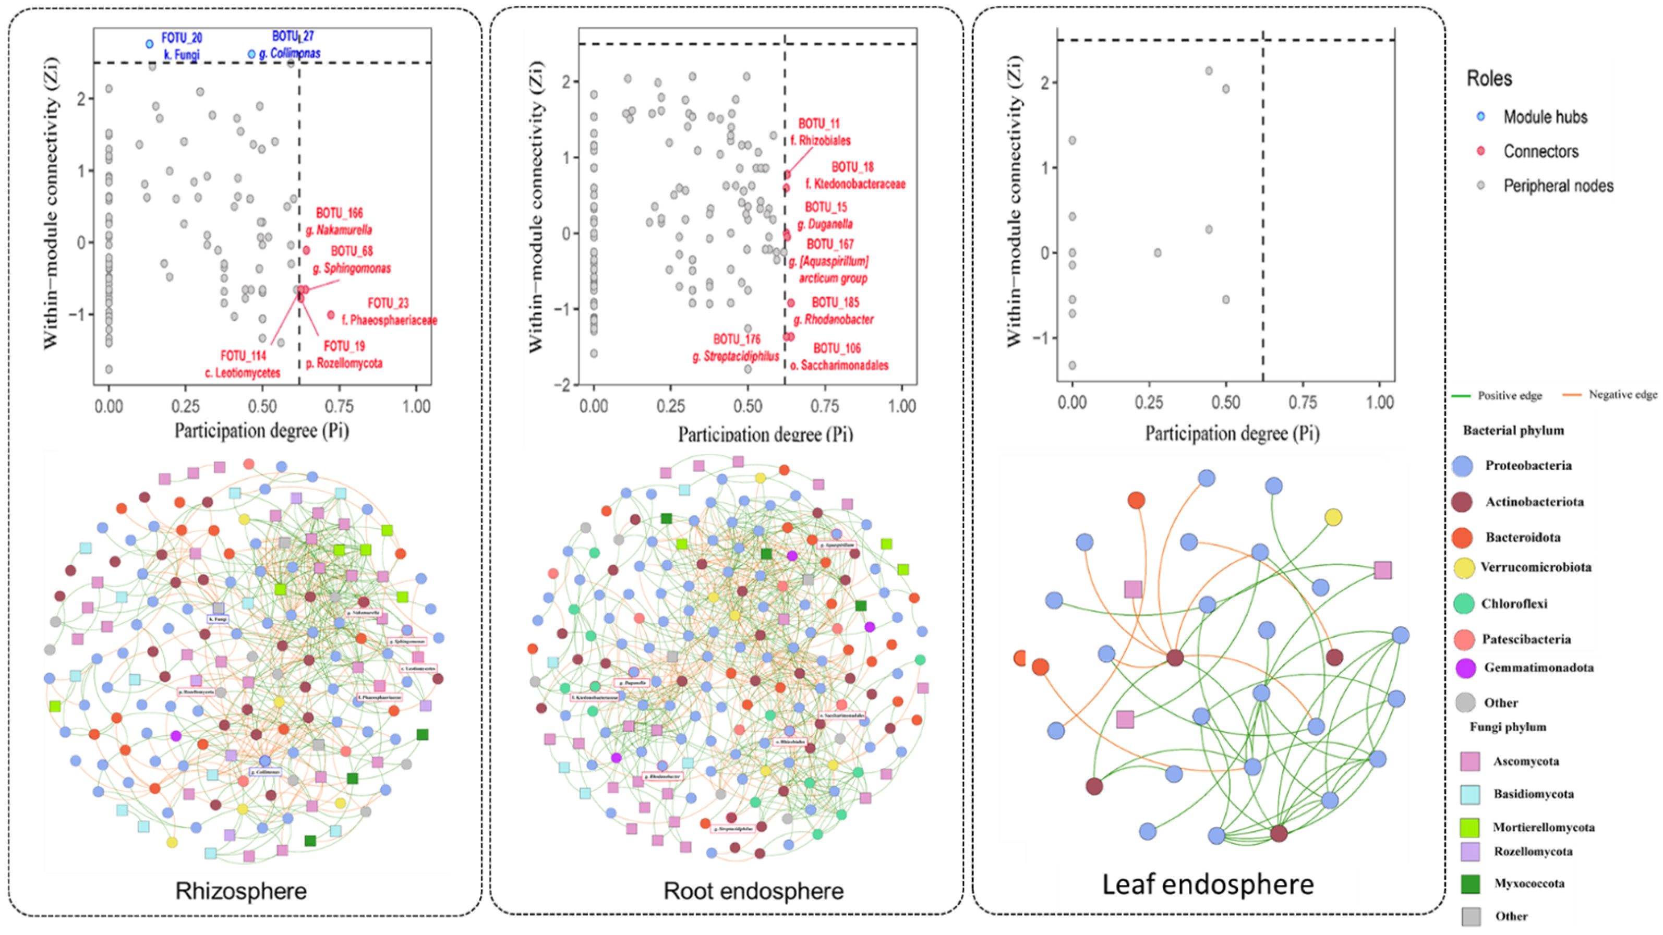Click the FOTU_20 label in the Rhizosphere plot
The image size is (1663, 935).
(182, 39)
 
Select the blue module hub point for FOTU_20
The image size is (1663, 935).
(150, 44)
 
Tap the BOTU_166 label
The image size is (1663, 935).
(339, 213)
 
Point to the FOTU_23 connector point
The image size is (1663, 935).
(331, 315)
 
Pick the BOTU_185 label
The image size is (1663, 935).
(835, 302)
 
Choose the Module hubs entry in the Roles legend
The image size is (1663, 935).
(1545, 117)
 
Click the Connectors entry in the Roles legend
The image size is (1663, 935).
(1540, 152)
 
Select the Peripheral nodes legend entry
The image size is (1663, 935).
(1558, 186)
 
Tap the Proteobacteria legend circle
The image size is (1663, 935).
(1462, 466)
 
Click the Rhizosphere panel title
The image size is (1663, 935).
(241, 891)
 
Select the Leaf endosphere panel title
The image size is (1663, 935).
(1207, 884)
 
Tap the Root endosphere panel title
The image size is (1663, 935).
(753, 891)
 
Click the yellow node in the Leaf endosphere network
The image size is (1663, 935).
(1333, 517)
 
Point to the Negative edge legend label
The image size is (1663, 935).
(1622, 394)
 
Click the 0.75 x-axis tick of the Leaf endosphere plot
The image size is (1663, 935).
(1302, 403)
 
